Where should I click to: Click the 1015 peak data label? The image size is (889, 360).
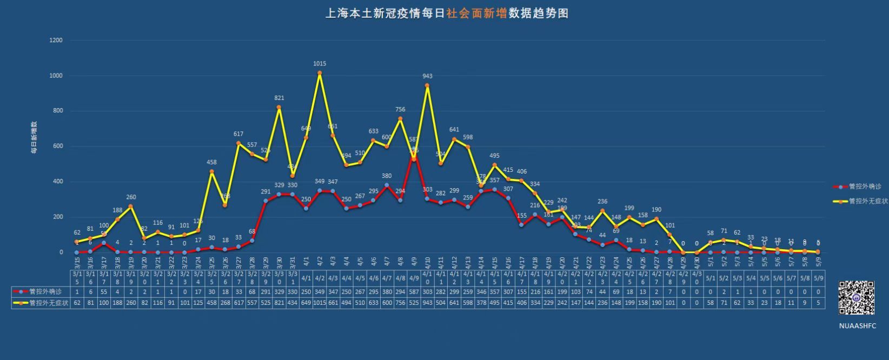click(x=320, y=64)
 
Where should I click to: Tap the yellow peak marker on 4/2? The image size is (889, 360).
click(x=320, y=73)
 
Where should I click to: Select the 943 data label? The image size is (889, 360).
click(x=427, y=76)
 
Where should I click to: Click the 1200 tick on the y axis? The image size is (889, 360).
click(x=56, y=41)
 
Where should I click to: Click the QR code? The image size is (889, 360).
click(x=857, y=298)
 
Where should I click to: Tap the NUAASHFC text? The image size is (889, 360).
click(x=857, y=326)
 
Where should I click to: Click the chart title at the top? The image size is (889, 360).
click(x=446, y=14)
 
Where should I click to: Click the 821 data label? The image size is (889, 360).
click(x=279, y=98)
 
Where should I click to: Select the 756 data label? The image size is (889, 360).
click(x=400, y=110)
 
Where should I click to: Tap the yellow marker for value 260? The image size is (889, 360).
click(x=131, y=206)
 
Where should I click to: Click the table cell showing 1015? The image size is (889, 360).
click(x=320, y=303)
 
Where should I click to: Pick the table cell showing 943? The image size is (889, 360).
click(x=427, y=303)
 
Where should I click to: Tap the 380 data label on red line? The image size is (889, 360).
click(x=387, y=176)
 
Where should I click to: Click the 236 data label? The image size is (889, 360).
click(x=602, y=202)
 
